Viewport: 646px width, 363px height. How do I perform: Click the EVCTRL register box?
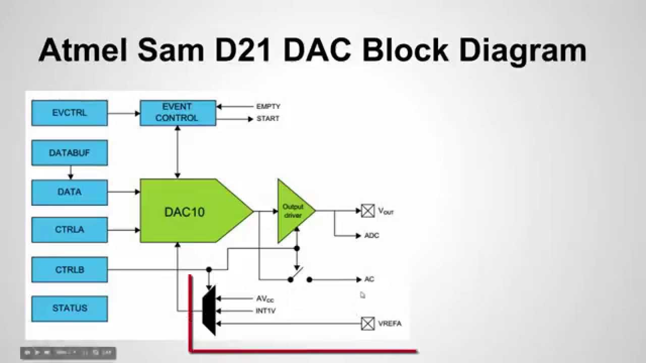pyautogui.click(x=70, y=113)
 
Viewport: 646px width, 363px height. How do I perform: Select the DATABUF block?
pyautogui.click(x=70, y=153)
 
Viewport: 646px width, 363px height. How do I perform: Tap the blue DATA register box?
pyautogui.click(x=70, y=192)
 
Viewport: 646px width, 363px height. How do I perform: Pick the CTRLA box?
pyautogui.click(x=70, y=230)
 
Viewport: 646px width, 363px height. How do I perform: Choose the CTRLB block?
pyautogui.click(x=70, y=270)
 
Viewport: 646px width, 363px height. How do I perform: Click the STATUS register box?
pyautogui.click(x=70, y=308)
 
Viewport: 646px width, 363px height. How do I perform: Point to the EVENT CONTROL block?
pyautogui.click(x=178, y=112)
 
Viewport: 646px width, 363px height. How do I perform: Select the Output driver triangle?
pyautogui.click(x=293, y=211)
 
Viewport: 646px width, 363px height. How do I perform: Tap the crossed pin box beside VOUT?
pyautogui.click(x=368, y=211)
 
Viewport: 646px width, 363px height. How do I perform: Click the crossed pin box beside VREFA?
pyautogui.click(x=368, y=323)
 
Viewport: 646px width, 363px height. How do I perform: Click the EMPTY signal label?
pyautogui.click(x=268, y=107)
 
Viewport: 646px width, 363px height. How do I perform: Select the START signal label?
pyautogui.click(x=267, y=119)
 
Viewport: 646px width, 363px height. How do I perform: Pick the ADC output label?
pyautogui.click(x=371, y=235)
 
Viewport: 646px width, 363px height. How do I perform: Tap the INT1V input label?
pyautogui.click(x=265, y=311)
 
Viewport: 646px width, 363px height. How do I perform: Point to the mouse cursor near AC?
pyautogui.click(x=362, y=295)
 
